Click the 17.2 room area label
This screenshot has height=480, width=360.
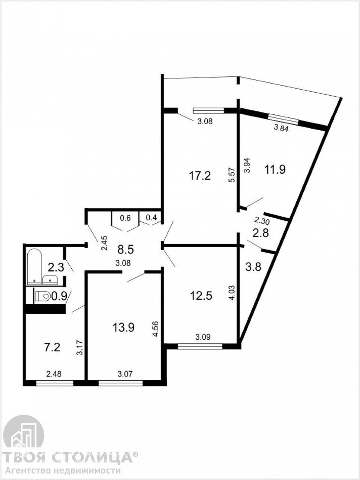click(200, 176)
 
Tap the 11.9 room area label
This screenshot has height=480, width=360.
click(275, 169)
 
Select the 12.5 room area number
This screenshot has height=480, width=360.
click(201, 296)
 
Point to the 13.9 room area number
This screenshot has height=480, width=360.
click(123, 327)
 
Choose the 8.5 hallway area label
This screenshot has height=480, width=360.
click(126, 250)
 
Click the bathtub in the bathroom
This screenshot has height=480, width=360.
click(34, 267)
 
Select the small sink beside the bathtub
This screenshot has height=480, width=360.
click(50, 280)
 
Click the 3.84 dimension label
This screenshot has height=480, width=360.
click(281, 129)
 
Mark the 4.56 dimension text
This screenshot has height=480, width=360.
click(156, 329)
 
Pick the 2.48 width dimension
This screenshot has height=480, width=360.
click(54, 374)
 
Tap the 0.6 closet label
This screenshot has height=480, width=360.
click(126, 218)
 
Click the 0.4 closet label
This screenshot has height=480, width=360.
click(151, 217)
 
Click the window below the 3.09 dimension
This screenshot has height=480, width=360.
click(200, 346)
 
